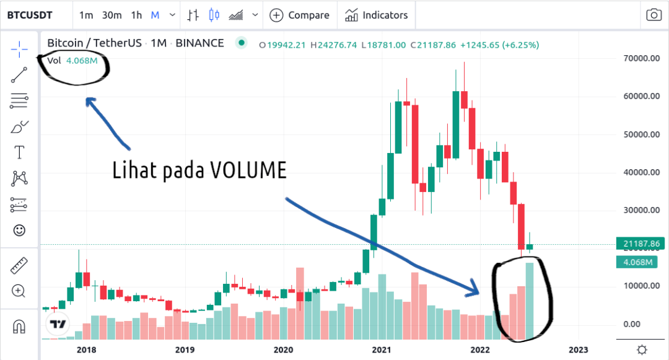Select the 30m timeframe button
[111, 15]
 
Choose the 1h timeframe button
[137, 15]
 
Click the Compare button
[300, 15]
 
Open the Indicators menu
[377, 15]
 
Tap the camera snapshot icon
[653, 15]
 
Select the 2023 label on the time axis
[578, 350]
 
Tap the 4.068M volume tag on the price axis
[636, 262]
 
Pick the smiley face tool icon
[19, 230]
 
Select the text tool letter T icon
[19, 152]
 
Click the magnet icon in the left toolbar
[19, 326]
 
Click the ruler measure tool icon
[19, 266]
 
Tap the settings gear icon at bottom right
[642, 350]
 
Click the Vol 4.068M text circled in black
[72, 61]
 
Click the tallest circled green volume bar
[530, 304]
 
